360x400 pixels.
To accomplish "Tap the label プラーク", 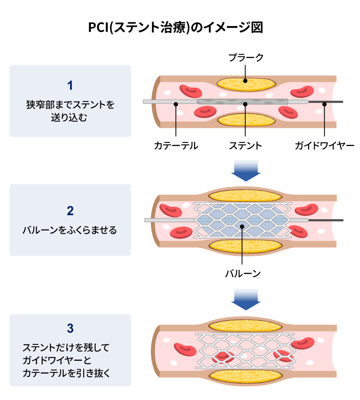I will [246, 58].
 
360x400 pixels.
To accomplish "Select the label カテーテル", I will [176, 146].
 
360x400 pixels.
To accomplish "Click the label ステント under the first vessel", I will [245, 146].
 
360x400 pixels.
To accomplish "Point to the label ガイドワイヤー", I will [324, 146].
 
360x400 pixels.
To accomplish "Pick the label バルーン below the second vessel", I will [242, 274].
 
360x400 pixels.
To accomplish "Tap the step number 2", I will [70, 211].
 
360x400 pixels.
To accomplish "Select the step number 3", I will [70, 329].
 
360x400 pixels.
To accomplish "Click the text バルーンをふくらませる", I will [70, 230].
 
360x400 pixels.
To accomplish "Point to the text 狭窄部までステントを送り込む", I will [70, 111].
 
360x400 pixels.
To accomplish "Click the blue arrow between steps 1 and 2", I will [246, 171].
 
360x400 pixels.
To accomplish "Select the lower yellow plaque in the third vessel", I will [245, 375].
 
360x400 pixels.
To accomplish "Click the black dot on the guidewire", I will [324, 104].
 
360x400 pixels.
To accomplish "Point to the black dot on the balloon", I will [242, 227].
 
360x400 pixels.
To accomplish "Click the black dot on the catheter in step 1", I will [176, 104].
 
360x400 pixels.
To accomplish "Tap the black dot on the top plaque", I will [246, 80].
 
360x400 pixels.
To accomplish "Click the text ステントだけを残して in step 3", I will [66, 348].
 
